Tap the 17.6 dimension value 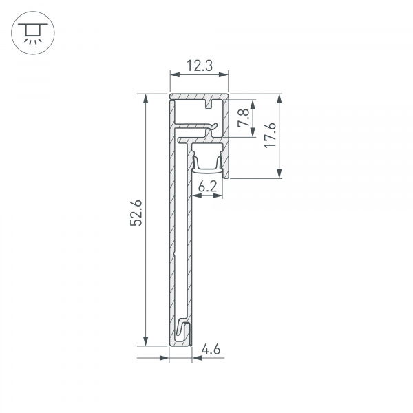coord(270,136)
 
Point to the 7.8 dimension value coord(242,118)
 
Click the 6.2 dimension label coord(208,186)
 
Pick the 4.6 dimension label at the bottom coord(211,350)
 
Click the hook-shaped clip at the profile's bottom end coord(184,331)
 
